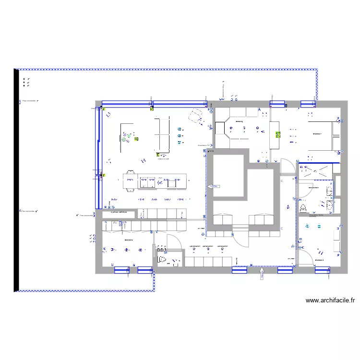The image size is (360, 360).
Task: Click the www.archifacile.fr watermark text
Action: (x=330, y=300)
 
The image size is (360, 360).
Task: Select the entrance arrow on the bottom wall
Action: (x=262, y=274)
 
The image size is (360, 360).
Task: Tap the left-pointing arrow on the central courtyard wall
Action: (x=213, y=186)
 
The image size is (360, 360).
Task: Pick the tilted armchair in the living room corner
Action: (x=196, y=116)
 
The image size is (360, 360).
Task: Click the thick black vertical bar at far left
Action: (x=16, y=180)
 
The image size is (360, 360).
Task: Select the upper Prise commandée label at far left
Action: (x=29, y=101)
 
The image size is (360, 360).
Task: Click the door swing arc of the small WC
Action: (x=175, y=242)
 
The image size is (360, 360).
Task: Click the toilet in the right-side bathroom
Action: (x=303, y=208)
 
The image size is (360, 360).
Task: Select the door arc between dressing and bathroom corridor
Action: (x=287, y=166)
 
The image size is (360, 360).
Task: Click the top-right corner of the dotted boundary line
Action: (x=316, y=70)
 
